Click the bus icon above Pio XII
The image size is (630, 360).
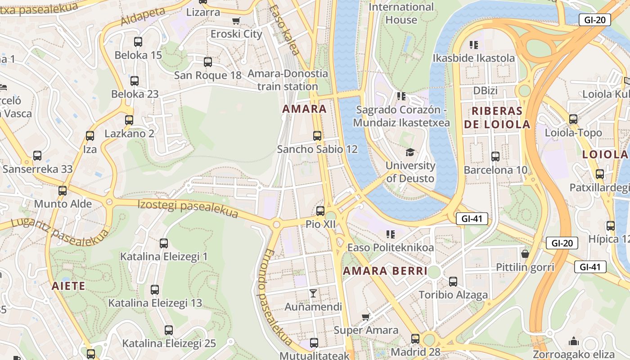click(x=320, y=211)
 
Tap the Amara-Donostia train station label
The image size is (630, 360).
click(x=288, y=80)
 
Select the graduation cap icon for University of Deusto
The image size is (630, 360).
click(x=409, y=153)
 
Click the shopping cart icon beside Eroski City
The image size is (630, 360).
click(x=236, y=21)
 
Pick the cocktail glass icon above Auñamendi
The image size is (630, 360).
click(x=313, y=293)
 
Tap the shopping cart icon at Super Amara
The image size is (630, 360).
click(x=366, y=317)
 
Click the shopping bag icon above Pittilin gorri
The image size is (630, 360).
click(x=525, y=254)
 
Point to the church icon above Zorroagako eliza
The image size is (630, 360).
click(x=573, y=341)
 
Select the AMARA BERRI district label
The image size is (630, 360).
click(x=385, y=271)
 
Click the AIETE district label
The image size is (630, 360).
click(x=68, y=286)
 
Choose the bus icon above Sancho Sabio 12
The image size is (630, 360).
click(x=317, y=135)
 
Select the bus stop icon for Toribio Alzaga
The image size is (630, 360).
click(x=453, y=282)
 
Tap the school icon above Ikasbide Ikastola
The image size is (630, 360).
click(x=474, y=45)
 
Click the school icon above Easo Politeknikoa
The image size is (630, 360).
click(x=391, y=234)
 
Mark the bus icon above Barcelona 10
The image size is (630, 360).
click(x=495, y=157)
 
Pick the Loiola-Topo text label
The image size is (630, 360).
click(x=573, y=133)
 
